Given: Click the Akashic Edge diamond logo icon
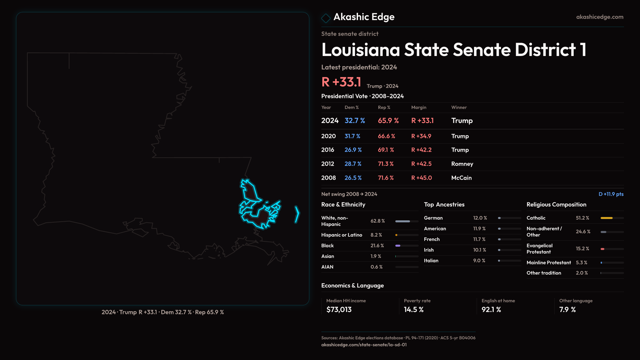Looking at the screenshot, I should (326, 18).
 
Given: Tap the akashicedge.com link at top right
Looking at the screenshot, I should (600, 17).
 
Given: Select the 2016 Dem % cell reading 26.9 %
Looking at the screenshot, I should (353, 150).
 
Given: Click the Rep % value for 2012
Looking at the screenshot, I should (386, 164).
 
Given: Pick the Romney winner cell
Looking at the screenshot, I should (462, 164).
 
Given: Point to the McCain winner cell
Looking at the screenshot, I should (461, 178).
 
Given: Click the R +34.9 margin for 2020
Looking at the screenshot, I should (421, 136).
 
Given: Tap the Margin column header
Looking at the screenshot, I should (419, 107).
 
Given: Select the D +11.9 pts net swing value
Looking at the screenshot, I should (611, 194).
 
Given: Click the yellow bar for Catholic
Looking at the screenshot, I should (606, 218).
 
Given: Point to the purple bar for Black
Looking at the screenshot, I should (398, 246).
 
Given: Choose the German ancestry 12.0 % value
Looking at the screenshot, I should (480, 218).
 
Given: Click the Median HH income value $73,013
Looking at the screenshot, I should (339, 310).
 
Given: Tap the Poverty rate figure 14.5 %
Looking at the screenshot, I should (414, 310).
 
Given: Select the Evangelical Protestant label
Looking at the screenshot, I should (539, 249).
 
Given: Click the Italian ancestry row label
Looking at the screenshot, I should (431, 261).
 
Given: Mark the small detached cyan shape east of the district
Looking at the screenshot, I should (297, 214).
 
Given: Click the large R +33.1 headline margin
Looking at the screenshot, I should (341, 82).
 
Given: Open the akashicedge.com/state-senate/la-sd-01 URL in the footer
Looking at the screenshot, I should (364, 345).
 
